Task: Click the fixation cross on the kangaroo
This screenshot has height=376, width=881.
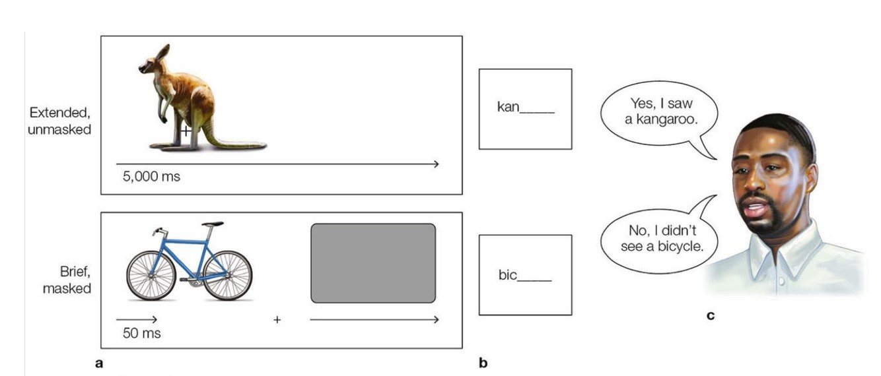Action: pos(186,131)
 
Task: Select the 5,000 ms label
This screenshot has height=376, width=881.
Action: pos(151,177)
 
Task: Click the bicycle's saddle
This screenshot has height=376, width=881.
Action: pos(213,225)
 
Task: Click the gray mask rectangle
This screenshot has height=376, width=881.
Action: pos(373,263)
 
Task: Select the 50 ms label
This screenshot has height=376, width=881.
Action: pos(141,333)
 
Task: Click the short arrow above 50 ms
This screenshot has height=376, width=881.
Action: pos(137,319)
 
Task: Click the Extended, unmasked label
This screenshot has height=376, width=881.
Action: pos(59,121)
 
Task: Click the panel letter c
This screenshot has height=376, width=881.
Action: pos(711,315)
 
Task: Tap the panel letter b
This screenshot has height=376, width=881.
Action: pos(483,362)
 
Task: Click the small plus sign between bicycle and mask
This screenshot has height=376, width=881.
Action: pos(277,320)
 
